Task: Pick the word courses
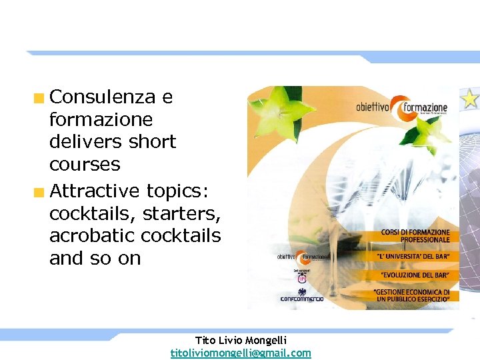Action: pos(85,165)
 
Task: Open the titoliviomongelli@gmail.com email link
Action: pos(241,353)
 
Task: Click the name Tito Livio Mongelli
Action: pos(241,341)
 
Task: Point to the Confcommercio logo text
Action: pos(302,299)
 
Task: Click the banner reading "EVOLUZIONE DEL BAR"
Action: pos(415,275)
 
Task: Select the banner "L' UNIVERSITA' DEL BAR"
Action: pos(415,256)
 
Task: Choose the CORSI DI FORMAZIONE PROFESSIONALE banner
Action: pos(415,235)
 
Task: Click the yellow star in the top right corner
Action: pos(469,99)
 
